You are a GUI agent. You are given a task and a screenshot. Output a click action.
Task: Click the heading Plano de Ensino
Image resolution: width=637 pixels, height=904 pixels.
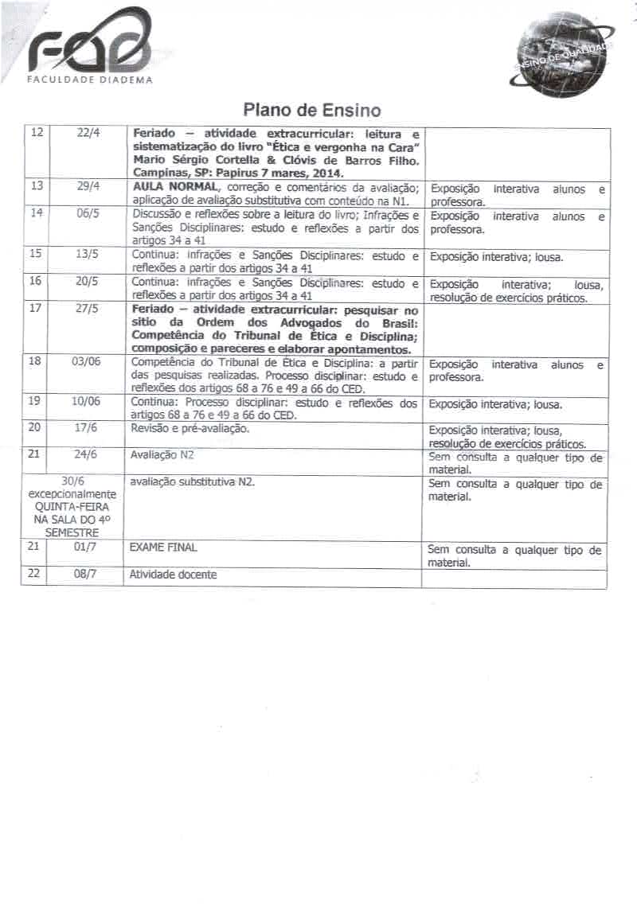[312, 110]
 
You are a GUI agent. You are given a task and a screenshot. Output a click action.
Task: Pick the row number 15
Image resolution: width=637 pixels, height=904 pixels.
[34, 254]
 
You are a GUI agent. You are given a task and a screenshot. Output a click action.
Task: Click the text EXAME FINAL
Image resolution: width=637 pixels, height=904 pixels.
[162, 547]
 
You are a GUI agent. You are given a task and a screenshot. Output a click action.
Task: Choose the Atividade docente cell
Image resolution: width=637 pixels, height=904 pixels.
[173, 574]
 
